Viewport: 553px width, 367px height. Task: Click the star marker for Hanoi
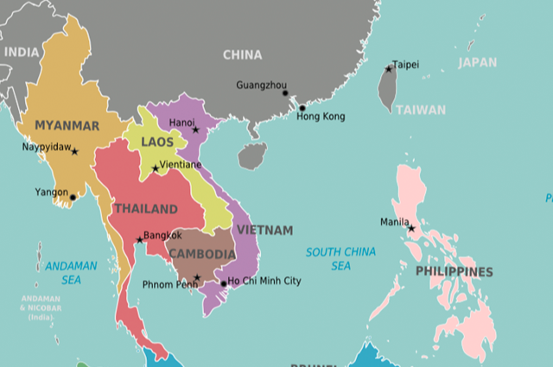pyautogui.click(x=196, y=130)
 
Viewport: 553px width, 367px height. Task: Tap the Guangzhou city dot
pyautogui.click(x=285, y=93)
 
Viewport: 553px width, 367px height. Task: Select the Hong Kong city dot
pyautogui.click(x=302, y=109)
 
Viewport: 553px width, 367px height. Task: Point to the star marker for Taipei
pyautogui.click(x=389, y=69)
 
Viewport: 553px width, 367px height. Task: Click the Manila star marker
pyautogui.click(x=411, y=229)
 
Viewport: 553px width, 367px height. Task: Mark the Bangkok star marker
pyautogui.click(x=139, y=240)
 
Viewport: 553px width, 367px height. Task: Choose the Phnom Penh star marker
pyautogui.click(x=197, y=278)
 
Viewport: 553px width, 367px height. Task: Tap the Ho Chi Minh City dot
pyautogui.click(x=223, y=283)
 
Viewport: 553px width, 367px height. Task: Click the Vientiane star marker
pyautogui.click(x=156, y=168)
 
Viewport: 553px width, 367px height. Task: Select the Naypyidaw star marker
pyautogui.click(x=74, y=152)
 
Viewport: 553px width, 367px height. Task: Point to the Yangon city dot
pyautogui.click(x=73, y=198)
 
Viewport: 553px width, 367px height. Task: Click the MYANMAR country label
pyautogui.click(x=67, y=126)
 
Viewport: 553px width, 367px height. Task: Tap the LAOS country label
pyautogui.click(x=157, y=142)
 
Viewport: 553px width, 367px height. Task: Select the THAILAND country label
pyautogui.click(x=145, y=209)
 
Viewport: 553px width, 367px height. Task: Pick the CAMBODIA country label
pyautogui.click(x=201, y=254)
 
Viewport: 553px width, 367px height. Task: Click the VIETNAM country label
pyautogui.click(x=264, y=231)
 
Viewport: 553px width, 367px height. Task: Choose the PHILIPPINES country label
pyautogui.click(x=454, y=272)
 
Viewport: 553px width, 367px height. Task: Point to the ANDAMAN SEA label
pyautogui.click(x=71, y=273)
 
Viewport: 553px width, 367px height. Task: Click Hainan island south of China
pyautogui.click(x=251, y=156)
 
